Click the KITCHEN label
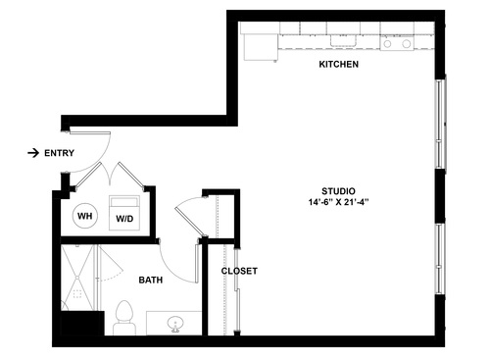(x=338, y=65)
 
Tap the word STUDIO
(x=338, y=190)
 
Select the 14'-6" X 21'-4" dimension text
(x=338, y=203)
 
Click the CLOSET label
(x=238, y=271)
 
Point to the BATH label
(x=150, y=280)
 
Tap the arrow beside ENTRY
(x=33, y=153)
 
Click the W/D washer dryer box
(x=125, y=216)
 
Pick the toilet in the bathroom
(x=123, y=317)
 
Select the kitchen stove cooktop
(x=397, y=43)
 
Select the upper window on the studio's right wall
(x=440, y=125)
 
